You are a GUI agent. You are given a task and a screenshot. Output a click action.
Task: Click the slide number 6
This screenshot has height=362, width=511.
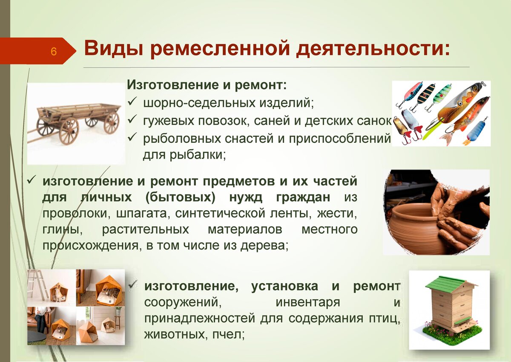(53, 52)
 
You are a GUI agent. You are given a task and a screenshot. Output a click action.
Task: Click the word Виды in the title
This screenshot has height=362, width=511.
(113, 49)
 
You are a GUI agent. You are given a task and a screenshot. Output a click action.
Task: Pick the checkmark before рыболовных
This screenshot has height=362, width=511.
(132, 137)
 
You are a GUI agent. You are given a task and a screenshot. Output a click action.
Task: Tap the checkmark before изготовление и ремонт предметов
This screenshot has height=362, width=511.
(31, 181)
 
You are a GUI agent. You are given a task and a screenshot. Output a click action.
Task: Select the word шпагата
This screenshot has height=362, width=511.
(142, 214)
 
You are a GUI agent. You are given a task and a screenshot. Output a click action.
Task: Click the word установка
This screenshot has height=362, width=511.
(284, 286)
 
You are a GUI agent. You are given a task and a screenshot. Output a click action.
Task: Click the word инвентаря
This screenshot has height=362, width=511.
(308, 303)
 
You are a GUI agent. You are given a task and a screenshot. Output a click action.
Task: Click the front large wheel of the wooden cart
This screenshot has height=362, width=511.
(69, 131)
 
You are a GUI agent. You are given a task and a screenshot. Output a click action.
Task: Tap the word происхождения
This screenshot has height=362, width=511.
(91, 246)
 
